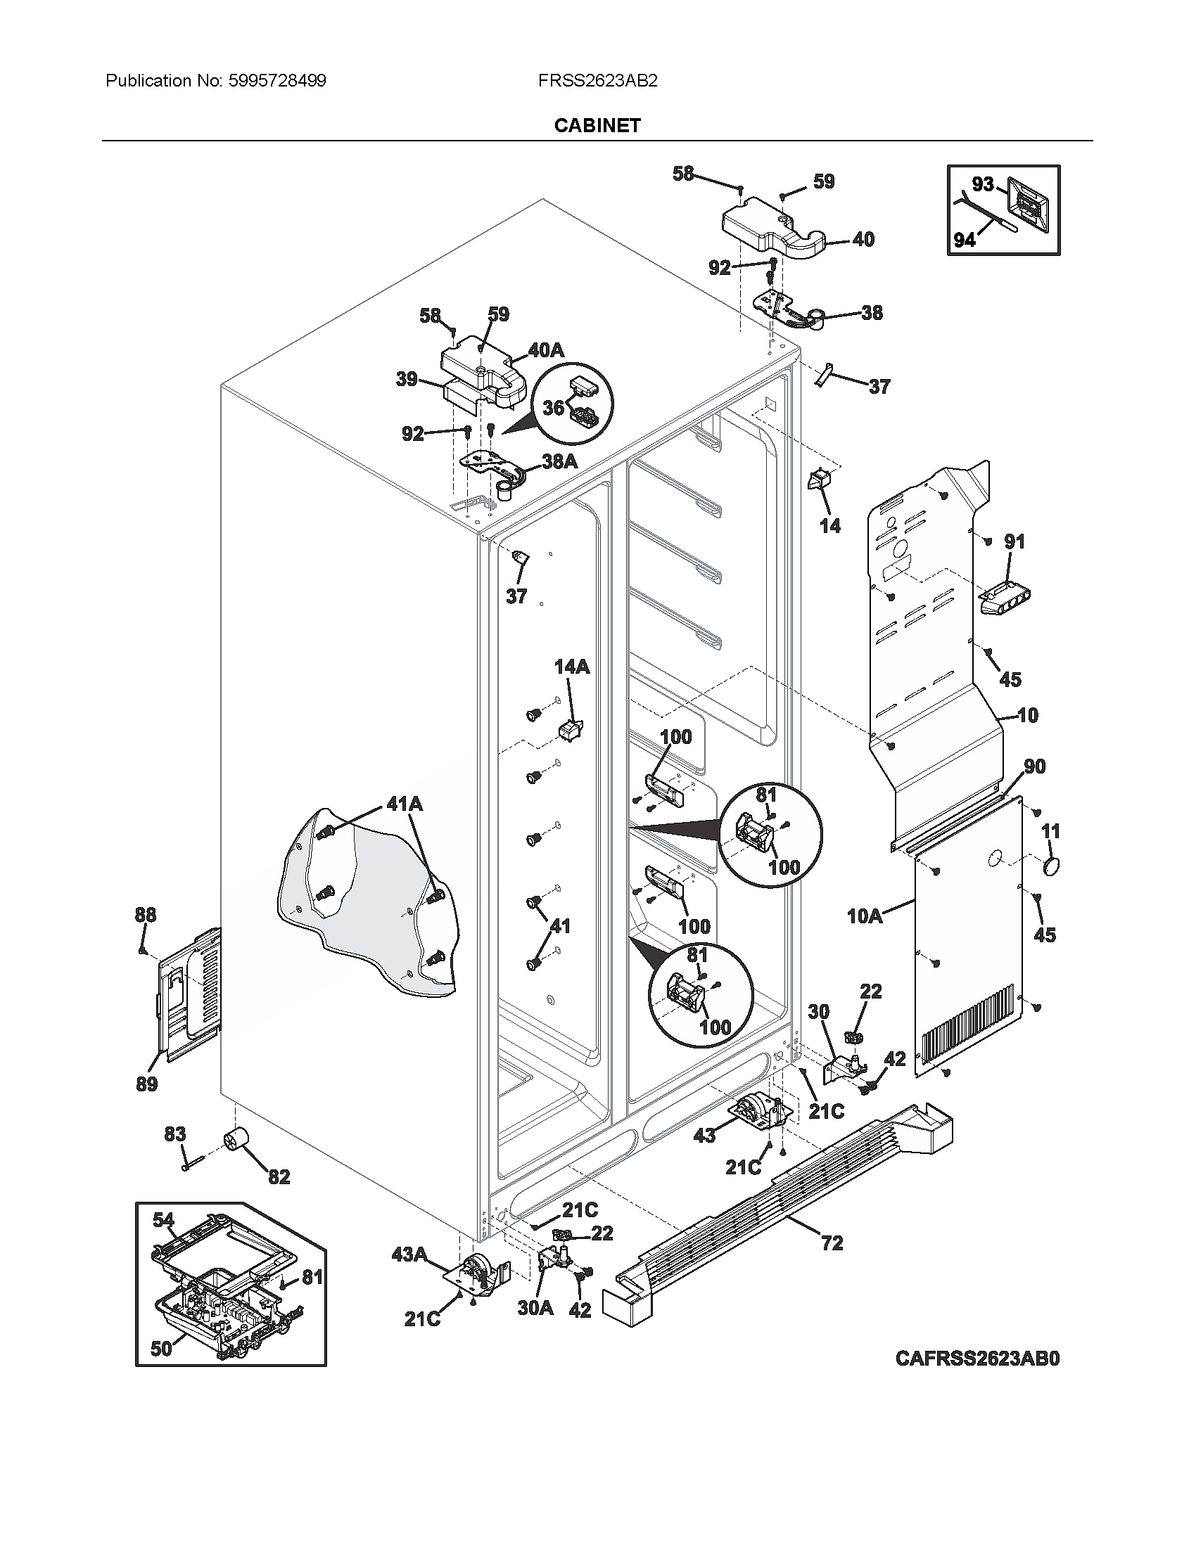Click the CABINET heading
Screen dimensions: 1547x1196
coord(597,125)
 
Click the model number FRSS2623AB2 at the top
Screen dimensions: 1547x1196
coord(597,81)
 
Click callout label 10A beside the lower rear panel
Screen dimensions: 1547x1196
coord(865,916)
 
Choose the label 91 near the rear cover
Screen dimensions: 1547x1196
coord(1014,542)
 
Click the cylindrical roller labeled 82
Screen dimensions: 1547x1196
coord(238,1141)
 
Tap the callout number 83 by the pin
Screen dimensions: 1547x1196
coord(175,1134)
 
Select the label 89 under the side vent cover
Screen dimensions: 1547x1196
coord(146,1084)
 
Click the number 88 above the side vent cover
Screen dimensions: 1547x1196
coord(145,915)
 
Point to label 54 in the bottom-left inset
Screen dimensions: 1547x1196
coord(163,1220)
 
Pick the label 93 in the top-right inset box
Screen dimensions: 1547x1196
coord(983,184)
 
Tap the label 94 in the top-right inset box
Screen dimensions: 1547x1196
coord(965,240)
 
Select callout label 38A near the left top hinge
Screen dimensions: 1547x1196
coord(559,461)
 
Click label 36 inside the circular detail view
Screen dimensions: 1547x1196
coord(554,407)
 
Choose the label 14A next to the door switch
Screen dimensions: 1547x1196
coord(572,667)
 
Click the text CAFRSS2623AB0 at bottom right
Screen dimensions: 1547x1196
coord(977,1359)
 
